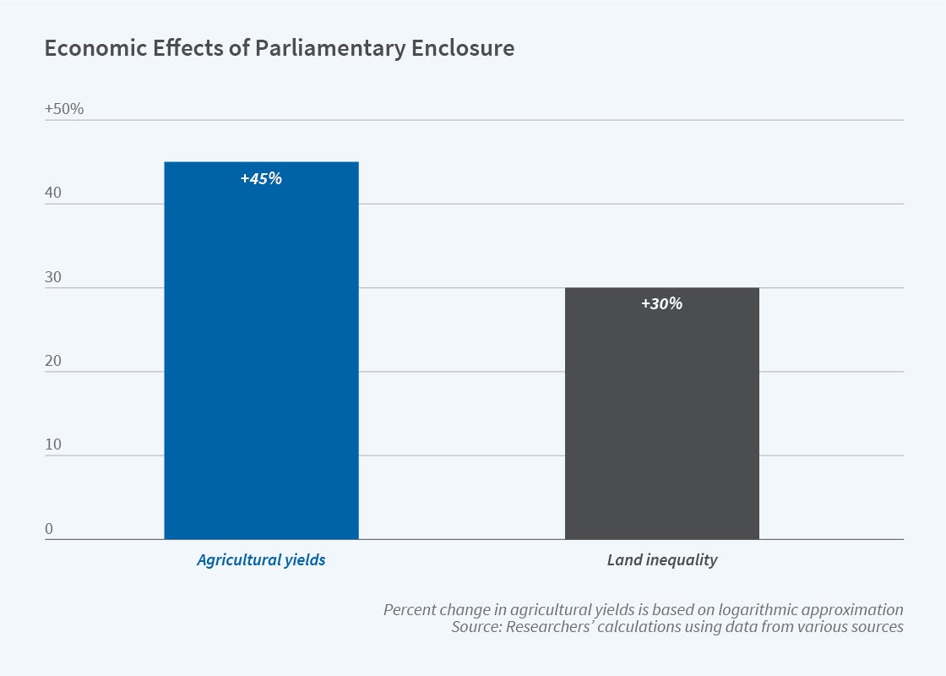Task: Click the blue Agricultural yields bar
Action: pyautogui.click(x=261, y=355)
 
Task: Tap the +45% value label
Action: pyautogui.click(x=261, y=178)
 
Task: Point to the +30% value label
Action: pyautogui.click(x=661, y=303)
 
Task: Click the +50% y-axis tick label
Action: pyautogui.click(x=64, y=109)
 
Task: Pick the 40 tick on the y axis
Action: pyautogui.click(x=53, y=193)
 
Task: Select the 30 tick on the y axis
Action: pyautogui.click(x=53, y=277)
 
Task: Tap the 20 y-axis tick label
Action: pyautogui.click(x=53, y=361)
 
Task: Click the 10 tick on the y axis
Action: pyautogui.click(x=53, y=444)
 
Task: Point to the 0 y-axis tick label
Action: pyautogui.click(x=49, y=529)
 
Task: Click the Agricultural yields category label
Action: pyautogui.click(x=261, y=559)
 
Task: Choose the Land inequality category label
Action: pyautogui.click(x=661, y=559)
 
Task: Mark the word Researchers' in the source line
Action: pyautogui.click(x=552, y=627)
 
